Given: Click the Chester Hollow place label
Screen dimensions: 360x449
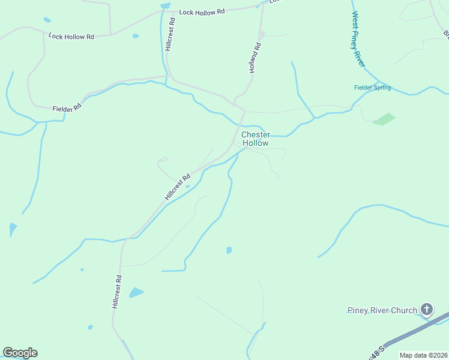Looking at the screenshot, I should coord(255,139).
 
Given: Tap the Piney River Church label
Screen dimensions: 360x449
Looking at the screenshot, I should coord(382,310).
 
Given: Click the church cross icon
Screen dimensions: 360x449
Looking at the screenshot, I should coord(427,310).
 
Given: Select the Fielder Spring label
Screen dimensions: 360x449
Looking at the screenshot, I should coord(372,88).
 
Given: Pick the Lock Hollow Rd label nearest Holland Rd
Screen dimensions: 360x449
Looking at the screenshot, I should coord(202,11).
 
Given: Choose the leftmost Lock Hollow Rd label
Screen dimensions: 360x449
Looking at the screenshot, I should coord(71,37).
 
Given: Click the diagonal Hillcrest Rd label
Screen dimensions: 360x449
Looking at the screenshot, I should coord(178,187).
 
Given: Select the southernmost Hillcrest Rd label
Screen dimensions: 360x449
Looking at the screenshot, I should coord(118,292).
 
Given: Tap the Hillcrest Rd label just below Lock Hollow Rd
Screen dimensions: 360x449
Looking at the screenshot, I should coord(172,34).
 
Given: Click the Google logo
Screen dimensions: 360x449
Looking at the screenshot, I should coord(20,353).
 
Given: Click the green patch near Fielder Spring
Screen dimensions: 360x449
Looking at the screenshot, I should coord(384,119).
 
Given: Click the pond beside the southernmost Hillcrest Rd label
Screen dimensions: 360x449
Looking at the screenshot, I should coord(136,293).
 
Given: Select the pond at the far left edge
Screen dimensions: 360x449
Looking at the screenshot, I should coord(13,229).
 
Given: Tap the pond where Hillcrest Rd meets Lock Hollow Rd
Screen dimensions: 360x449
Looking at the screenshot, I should coord(166,6).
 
